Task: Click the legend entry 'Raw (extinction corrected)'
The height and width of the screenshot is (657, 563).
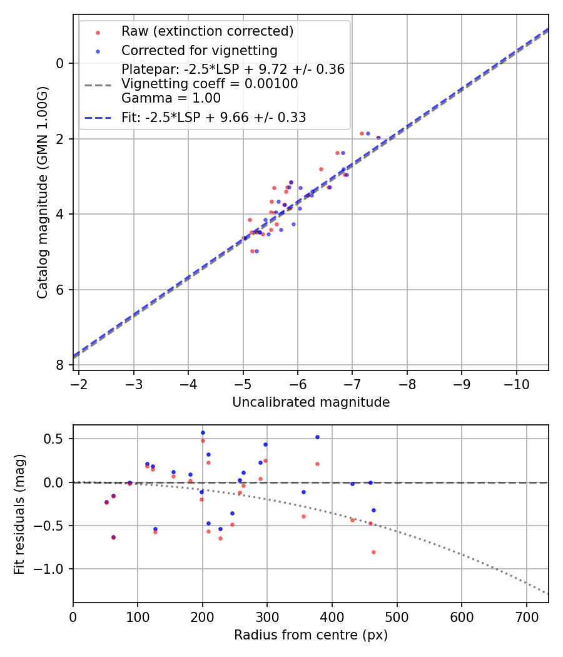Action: [207, 31]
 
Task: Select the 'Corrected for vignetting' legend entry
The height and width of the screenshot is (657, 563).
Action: [199, 50]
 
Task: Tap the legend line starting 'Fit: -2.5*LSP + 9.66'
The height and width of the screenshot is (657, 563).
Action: [213, 117]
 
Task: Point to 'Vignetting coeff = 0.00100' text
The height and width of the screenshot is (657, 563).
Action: [210, 84]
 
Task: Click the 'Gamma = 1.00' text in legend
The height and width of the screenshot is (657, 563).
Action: [171, 98]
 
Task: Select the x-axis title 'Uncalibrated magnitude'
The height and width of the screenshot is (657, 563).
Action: [311, 402]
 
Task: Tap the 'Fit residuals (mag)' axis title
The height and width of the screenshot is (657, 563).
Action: [19, 513]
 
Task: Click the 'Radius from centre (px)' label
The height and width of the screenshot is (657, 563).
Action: [311, 635]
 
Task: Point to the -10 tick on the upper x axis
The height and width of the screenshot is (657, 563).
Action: [516, 381]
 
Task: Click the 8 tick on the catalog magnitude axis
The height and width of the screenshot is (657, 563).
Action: [61, 365]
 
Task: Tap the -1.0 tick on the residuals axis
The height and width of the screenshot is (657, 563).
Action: [53, 569]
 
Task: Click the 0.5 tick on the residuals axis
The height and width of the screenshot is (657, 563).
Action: [57, 439]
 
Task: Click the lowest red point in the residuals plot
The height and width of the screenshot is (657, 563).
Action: [373, 552]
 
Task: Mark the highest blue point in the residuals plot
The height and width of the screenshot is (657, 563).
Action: [203, 432]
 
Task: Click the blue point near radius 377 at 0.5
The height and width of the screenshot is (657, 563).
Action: [317, 437]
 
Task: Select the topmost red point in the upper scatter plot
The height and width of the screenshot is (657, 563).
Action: [362, 133]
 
